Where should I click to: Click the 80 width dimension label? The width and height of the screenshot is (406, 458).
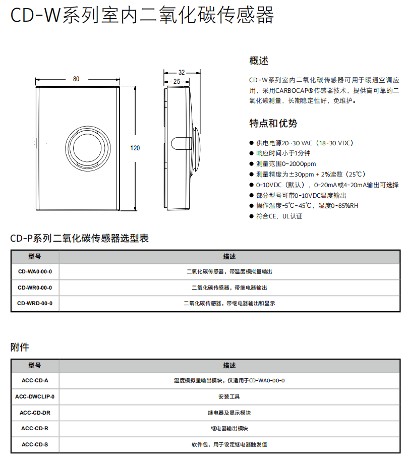tap(76, 79)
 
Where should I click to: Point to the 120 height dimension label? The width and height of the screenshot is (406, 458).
tap(135, 148)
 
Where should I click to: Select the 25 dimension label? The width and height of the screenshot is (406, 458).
tap(177, 81)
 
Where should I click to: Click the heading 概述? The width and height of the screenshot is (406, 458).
tap(259, 61)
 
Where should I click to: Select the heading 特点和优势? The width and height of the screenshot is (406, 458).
tap(273, 124)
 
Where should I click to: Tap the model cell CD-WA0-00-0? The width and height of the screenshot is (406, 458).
tap(35, 271)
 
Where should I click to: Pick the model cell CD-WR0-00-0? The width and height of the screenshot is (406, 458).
tap(35, 288)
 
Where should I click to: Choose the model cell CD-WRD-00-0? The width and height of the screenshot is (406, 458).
tap(35, 304)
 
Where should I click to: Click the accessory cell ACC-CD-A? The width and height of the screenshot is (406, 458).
tap(35, 380)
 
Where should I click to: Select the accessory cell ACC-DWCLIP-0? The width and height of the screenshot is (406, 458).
tap(35, 396)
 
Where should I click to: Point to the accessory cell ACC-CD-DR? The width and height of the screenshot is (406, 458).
tap(35, 413)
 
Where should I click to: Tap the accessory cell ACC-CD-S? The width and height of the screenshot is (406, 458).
tap(35, 444)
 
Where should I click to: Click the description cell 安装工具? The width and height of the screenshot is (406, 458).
tap(229, 396)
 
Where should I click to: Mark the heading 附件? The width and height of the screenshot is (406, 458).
tap(20, 347)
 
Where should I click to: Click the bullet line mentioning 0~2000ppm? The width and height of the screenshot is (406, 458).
tap(286, 163)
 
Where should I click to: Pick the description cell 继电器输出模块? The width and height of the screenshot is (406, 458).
tap(229, 428)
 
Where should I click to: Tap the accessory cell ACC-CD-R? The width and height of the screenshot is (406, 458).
tap(35, 428)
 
